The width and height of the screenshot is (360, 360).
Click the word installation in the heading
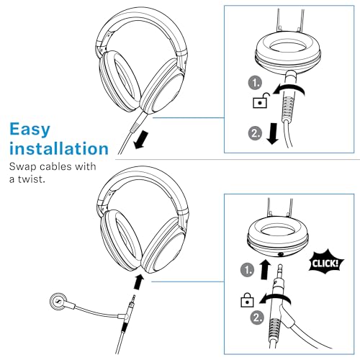[x=59, y=149]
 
